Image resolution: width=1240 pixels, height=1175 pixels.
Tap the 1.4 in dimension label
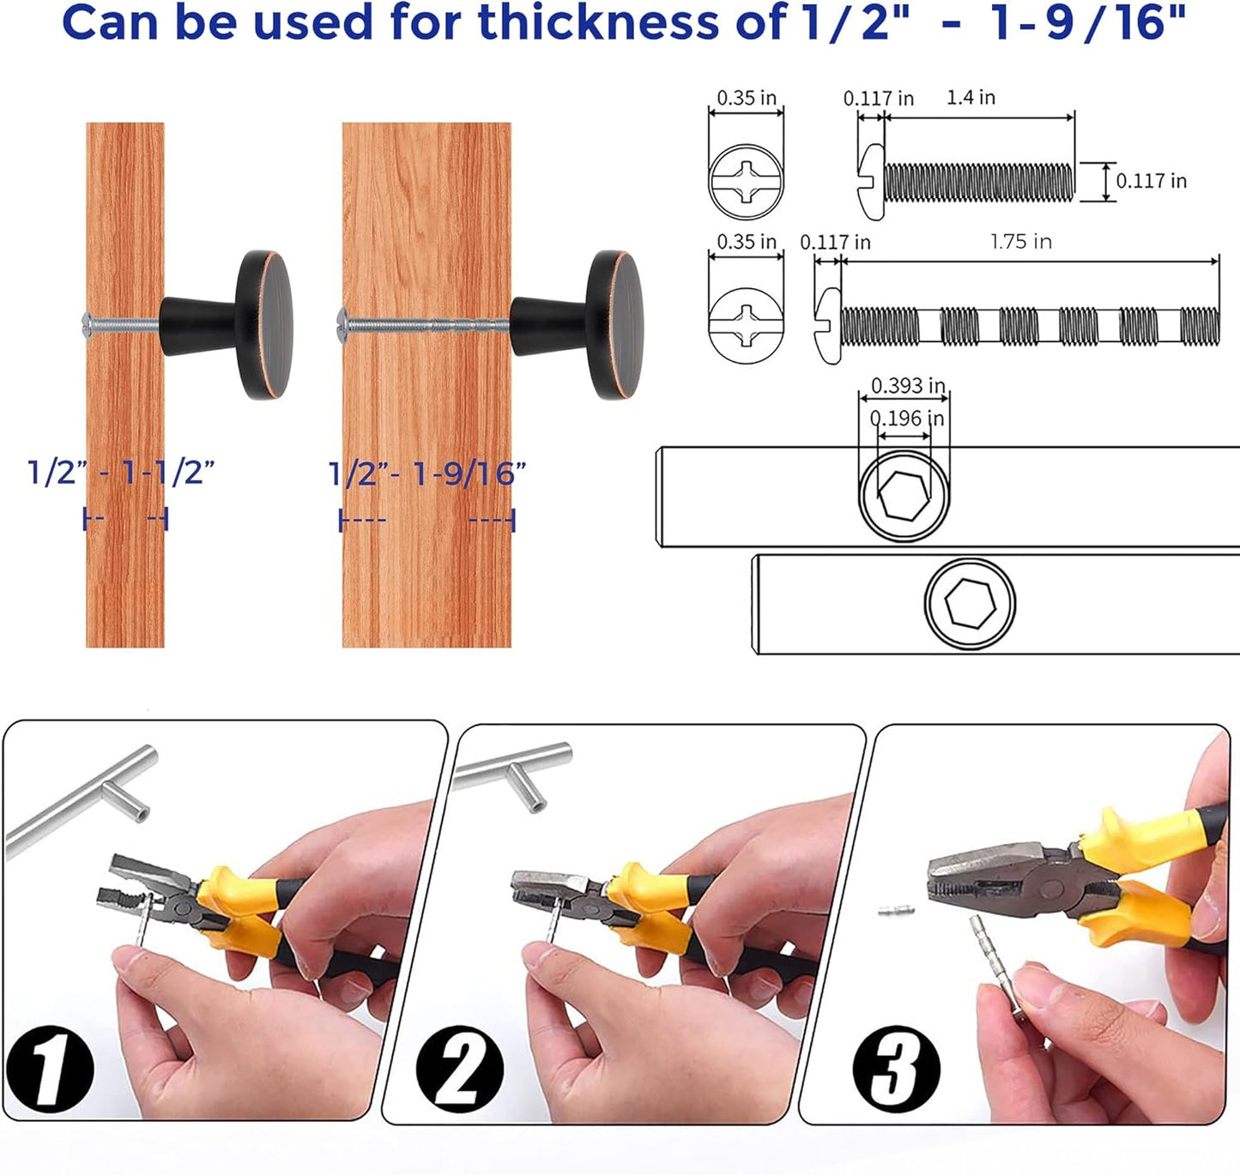[x=971, y=98]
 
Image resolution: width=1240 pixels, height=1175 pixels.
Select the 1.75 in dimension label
[x=1020, y=242]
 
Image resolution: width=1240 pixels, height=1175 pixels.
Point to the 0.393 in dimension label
[x=908, y=386]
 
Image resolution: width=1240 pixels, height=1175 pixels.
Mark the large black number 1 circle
[x=50, y=1068]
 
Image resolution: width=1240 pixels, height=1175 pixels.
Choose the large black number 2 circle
[x=460, y=1069]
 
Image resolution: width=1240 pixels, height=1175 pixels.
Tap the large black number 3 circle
[x=896, y=1069]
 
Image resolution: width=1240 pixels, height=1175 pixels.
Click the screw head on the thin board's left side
[x=87, y=322]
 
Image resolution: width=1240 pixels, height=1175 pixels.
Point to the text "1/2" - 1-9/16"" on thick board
[x=427, y=473]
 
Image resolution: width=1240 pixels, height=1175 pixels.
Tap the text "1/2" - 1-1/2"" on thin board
[x=121, y=472]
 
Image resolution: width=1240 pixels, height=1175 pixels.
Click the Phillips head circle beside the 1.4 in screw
[x=746, y=182]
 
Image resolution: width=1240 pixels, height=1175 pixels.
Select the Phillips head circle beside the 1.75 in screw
[x=746, y=325]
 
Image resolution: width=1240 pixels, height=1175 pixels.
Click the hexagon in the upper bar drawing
[x=904, y=495]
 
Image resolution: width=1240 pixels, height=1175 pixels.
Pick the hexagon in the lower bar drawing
[x=970, y=603]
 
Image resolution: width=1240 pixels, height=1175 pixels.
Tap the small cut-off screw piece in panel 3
[x=896, y=910]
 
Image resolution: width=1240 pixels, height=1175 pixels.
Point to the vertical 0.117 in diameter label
[x=1151, y=181]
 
